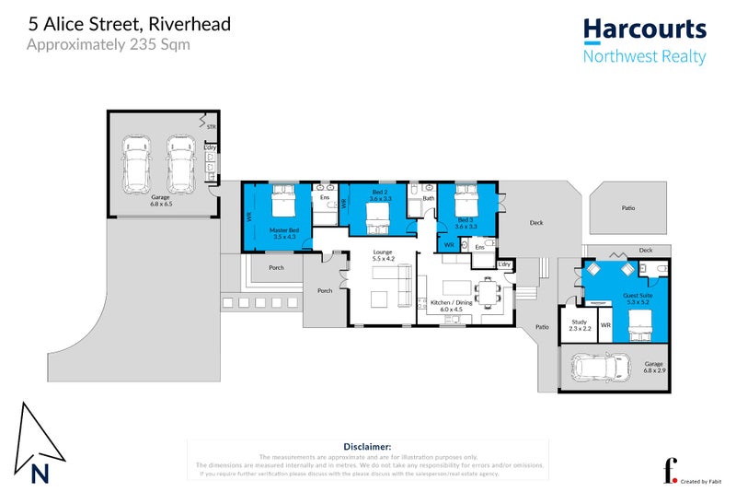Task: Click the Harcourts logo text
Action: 644,29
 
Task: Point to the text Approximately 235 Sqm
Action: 109,43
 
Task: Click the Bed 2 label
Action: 380,196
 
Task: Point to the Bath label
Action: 428,198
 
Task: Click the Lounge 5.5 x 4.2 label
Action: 383,255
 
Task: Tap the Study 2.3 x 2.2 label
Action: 580,325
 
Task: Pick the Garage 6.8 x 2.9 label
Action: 652,367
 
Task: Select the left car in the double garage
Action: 138,162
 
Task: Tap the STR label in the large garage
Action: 211,127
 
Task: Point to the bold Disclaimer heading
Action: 367,448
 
